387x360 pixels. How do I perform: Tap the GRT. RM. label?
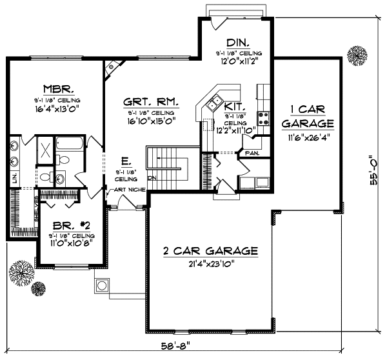[150, 103]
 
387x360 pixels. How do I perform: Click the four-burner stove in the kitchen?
[263, 118]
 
